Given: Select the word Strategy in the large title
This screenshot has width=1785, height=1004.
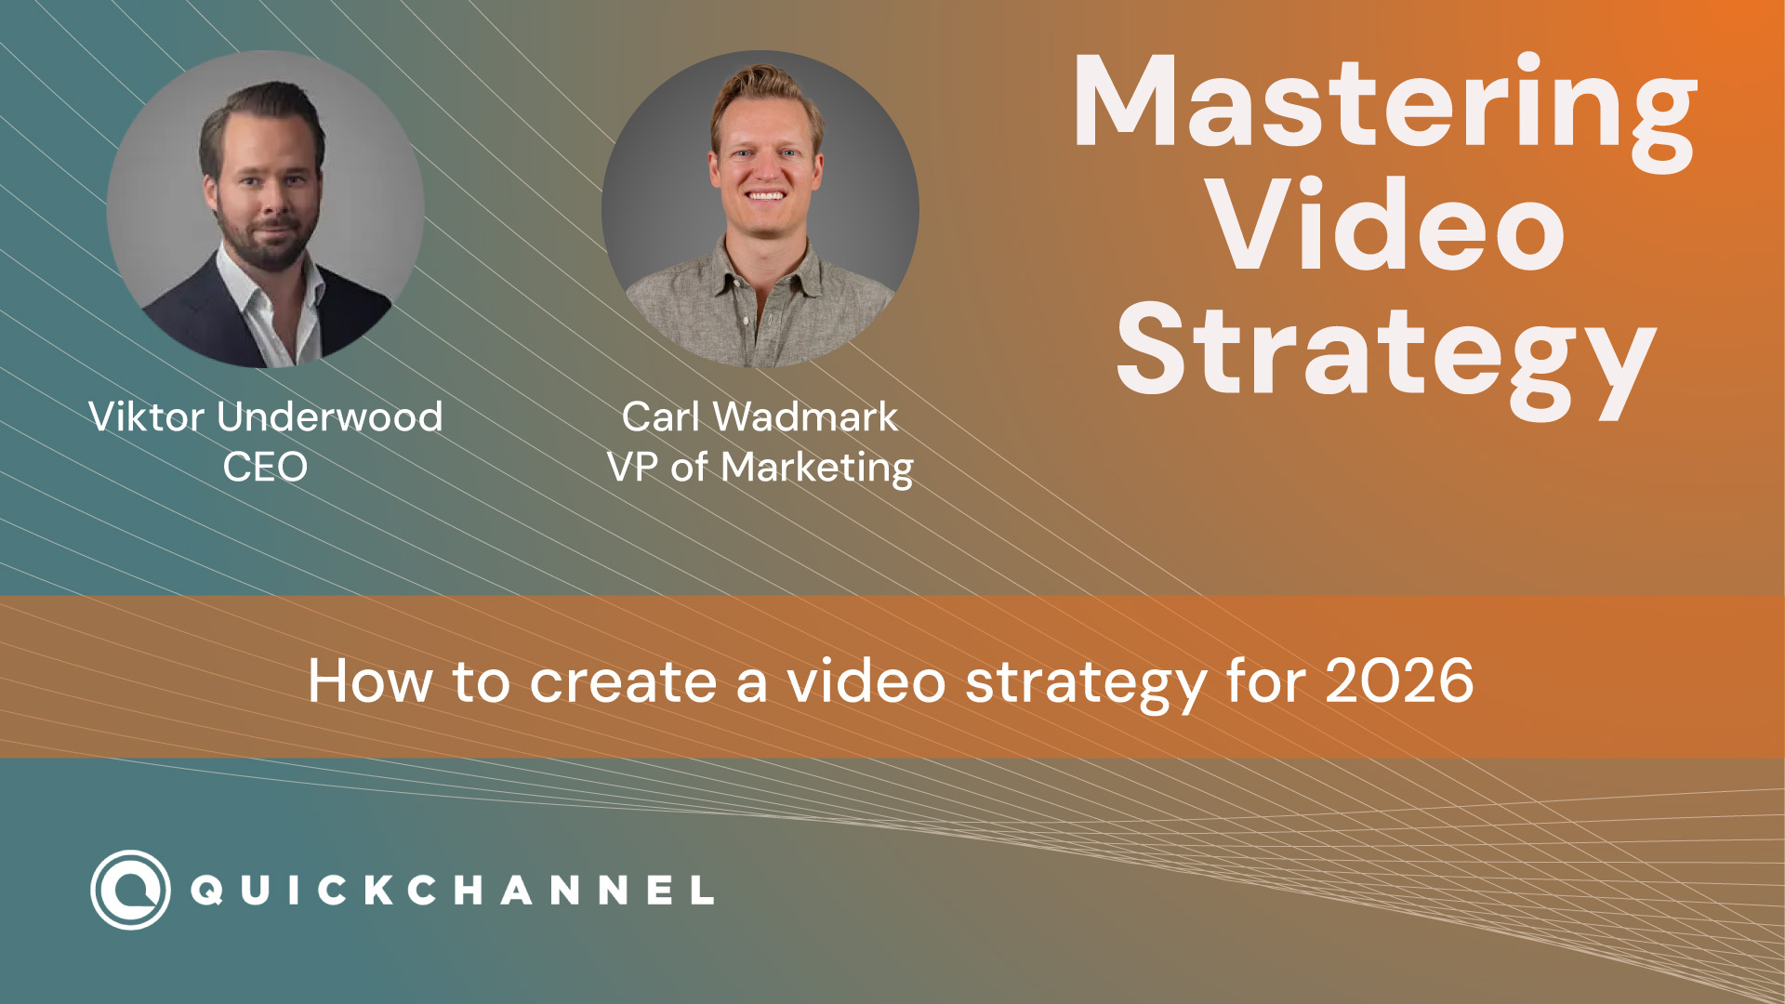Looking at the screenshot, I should (x=1385, y=353).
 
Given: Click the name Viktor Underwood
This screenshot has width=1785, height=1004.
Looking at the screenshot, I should (x=266, y=416).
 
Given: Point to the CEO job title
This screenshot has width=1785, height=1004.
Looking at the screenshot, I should (x=265, y=467).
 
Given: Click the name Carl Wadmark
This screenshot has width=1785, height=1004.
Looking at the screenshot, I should (x=760, y=416).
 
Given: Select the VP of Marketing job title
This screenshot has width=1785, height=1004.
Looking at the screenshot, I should (x=760, y=467).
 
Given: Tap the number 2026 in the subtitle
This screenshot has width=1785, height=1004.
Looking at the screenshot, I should (x=1399, y=681).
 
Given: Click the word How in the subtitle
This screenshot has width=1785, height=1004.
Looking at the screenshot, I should (x=370, y=681).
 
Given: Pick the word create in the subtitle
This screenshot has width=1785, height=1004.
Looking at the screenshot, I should (x=623, y=681).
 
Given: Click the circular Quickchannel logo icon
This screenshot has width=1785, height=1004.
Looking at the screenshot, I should (x=130, y=890).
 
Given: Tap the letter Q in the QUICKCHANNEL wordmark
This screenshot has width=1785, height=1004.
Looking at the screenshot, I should (x=206, y=891).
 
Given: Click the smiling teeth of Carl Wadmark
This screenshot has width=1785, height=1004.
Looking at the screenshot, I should (x=765, y=196).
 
